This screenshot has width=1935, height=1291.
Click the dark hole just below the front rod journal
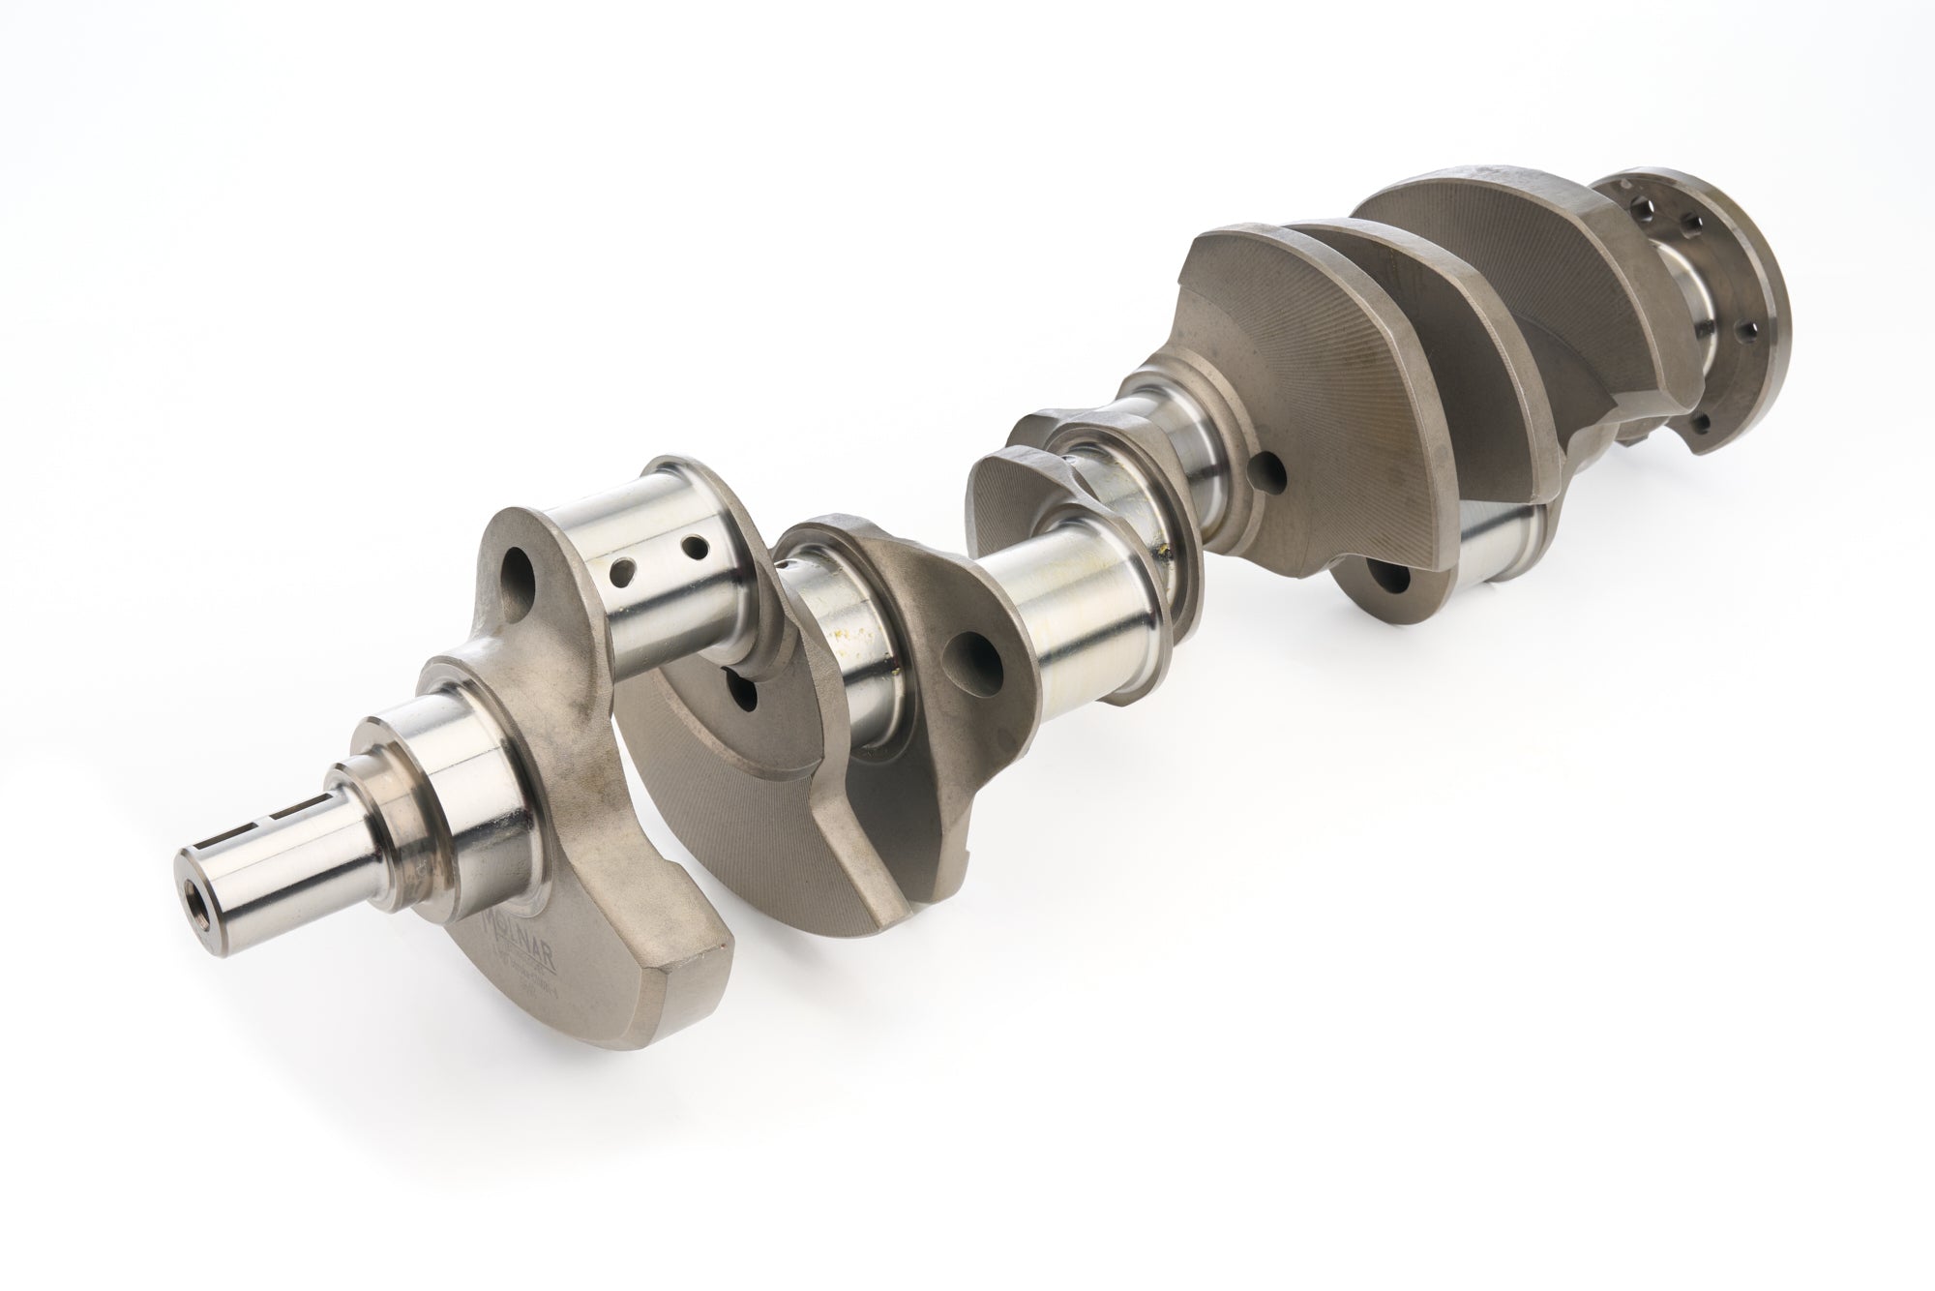(x=744, y=692)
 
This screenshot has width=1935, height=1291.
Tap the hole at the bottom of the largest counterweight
(x=1394, y=578)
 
